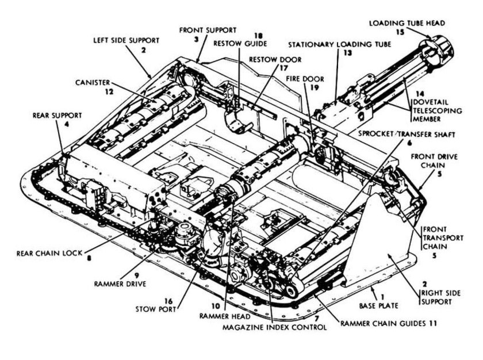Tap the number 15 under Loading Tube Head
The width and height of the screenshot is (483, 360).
pos(400,32)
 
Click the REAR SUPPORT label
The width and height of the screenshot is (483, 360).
pos(57,114)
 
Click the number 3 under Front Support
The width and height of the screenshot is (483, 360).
pos(197,39)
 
